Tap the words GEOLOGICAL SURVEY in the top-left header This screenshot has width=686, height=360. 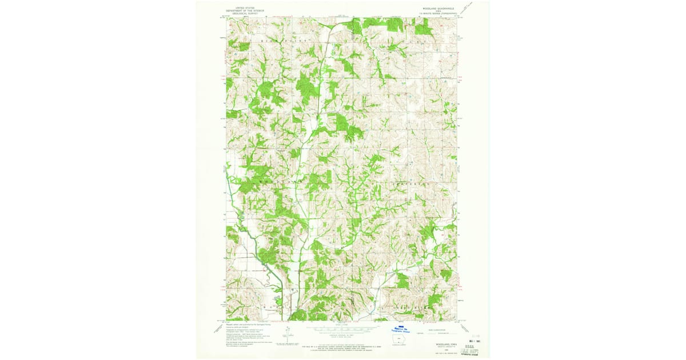click(243, 13)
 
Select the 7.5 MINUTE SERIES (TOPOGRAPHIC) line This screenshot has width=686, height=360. click(440, 13)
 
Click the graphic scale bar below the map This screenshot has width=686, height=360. click(342, 329)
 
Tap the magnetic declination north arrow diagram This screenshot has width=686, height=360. click(285, 333)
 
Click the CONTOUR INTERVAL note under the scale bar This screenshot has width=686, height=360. click(342, 338)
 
